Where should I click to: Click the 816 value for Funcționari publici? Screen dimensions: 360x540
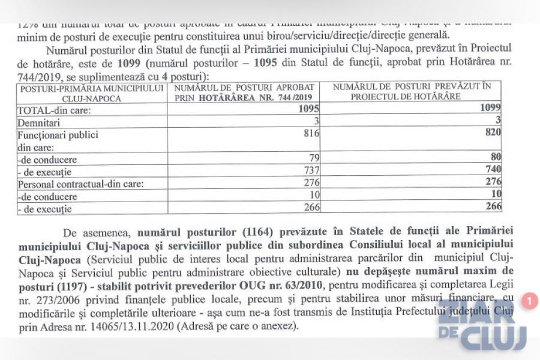pyautogui.click(x=310, y=134)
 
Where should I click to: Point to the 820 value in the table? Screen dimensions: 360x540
pyautogui.click(x=493, y=132)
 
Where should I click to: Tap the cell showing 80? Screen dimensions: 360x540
pyautogui.click(x=495, y=157)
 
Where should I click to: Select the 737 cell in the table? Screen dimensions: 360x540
pyautogui.click(x=311, y=171)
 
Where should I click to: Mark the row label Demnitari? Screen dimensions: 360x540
pyautogui.click(x=38, y=123)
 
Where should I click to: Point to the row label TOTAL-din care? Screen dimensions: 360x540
pyautogui.click(x=54, y=111)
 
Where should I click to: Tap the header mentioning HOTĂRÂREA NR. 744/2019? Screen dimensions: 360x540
pyautogui.click(x=244, y=92)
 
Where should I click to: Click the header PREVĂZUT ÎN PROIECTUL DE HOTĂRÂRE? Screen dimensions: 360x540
pyautogui.click(x=411, y=91)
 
